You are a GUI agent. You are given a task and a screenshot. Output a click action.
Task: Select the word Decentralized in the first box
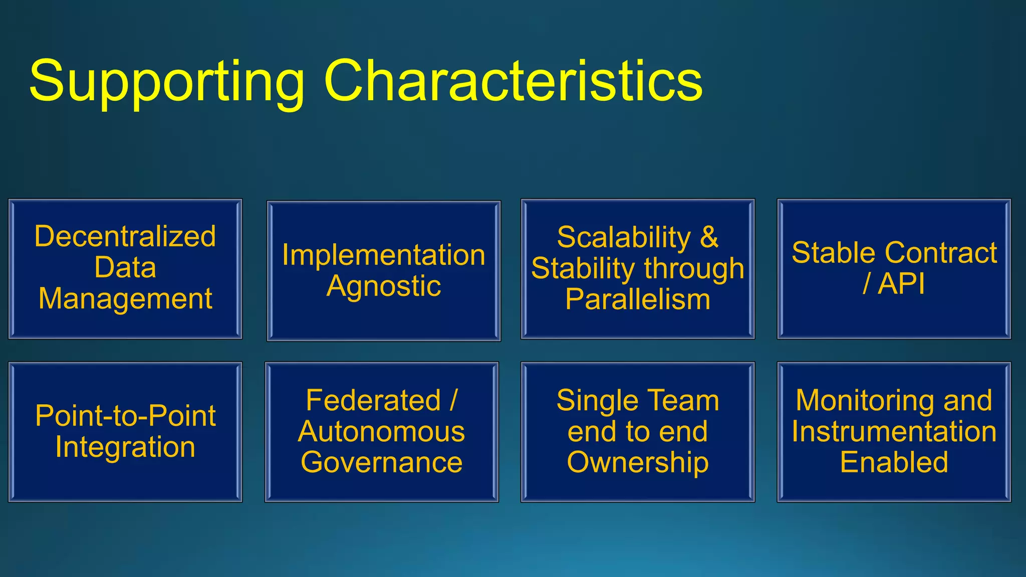(125, 236)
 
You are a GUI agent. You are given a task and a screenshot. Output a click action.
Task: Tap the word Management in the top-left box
(125, 299)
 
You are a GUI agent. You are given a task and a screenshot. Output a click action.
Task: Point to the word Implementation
(383, 255)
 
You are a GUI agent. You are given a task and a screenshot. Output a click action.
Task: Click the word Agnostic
(383, 286)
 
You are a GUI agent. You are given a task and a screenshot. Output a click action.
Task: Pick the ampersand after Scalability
(708, 237)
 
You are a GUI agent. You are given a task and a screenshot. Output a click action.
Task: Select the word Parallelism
(637, 300)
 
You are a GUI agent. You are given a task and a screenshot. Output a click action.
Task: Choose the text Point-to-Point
(125, 416)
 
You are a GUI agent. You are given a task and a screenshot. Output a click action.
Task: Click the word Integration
(125, 447)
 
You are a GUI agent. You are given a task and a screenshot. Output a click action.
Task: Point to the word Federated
(373, 400)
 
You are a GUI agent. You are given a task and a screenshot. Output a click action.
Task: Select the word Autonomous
(381, 431)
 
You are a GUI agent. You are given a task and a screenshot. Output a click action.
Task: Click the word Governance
(381, 462)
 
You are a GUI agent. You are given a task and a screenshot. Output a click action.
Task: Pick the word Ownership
(637, 462)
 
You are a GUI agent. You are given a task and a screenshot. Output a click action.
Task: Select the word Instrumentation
(894, 431)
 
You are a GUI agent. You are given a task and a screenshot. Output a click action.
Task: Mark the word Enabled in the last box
(894, 462)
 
